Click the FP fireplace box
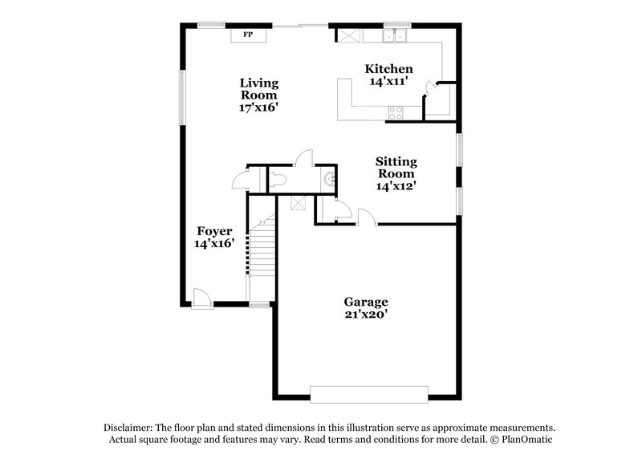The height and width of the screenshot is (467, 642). coord(248,35)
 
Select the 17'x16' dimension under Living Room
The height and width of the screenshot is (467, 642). coord(259,108)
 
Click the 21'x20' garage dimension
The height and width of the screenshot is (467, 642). coord(366,315)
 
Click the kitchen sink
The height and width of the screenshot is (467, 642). coord(396,36)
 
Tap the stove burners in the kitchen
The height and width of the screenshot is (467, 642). coord(396,113)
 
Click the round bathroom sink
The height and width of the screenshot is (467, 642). coord(327,179)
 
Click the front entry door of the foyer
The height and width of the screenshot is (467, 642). coord(202,298)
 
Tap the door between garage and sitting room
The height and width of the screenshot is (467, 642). coord(365,216)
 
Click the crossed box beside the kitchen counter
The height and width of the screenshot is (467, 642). coord(348,36)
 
